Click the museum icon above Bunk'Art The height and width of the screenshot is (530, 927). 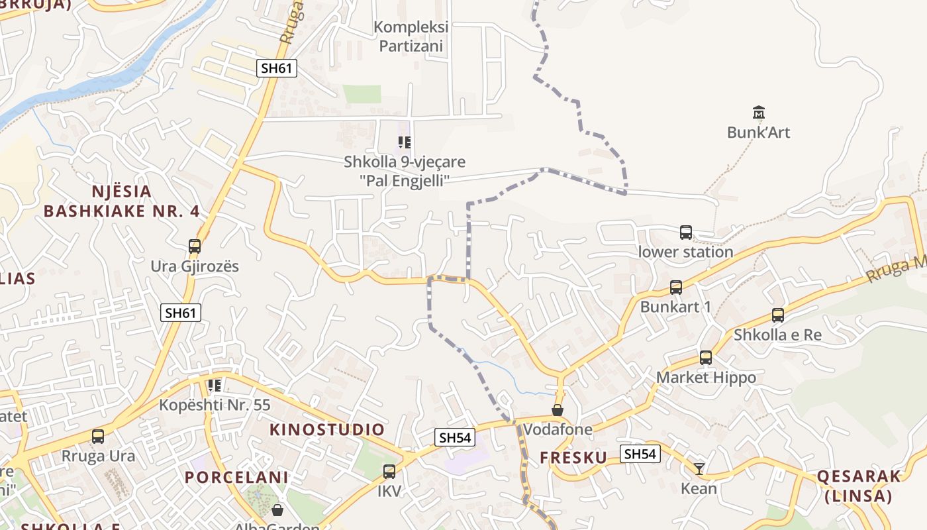coord(759,112)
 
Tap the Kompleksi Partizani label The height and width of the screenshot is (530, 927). coord(411,37)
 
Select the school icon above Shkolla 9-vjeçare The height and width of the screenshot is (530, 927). coord(405,142)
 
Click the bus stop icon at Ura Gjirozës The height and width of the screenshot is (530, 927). coord(195,246)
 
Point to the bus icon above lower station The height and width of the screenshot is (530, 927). coord(686,233)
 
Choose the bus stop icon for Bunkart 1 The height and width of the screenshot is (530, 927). coord(676,288)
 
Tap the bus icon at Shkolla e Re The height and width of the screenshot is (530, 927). coord(778,315)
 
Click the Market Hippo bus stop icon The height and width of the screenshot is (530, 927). coord(706,358)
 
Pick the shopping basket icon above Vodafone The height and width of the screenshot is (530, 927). coord(558,410)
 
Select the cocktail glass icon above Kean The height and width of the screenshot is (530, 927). coord(699,469)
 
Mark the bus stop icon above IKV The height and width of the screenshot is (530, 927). coord(389,472)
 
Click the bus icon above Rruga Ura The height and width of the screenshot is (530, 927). coord(98,437)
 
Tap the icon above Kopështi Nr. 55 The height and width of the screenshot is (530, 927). coord(214,385)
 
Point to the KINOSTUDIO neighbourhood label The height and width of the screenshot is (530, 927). coord(327,429)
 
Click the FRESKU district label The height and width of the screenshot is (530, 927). coord(573,458)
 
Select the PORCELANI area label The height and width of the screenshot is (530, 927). coord(236,477)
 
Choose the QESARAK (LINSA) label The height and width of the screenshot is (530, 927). coord(859,486)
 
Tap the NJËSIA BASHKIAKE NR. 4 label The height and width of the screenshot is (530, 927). coord(121,201)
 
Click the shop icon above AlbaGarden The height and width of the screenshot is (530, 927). coord(277,510)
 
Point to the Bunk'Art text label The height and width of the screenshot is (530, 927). coord(759,132)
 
